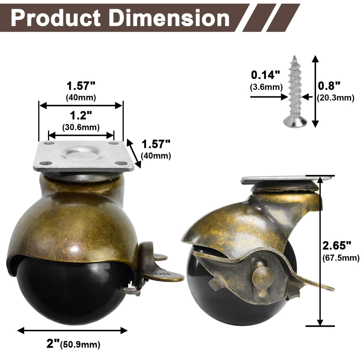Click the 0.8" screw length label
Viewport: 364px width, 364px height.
(329, 85)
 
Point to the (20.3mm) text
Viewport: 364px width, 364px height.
(336, 98)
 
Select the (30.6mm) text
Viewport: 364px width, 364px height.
(81, 127)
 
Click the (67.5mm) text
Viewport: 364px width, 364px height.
(341, 258)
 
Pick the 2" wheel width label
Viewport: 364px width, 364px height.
(53, 344)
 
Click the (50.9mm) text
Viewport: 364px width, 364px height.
(80, 344)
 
